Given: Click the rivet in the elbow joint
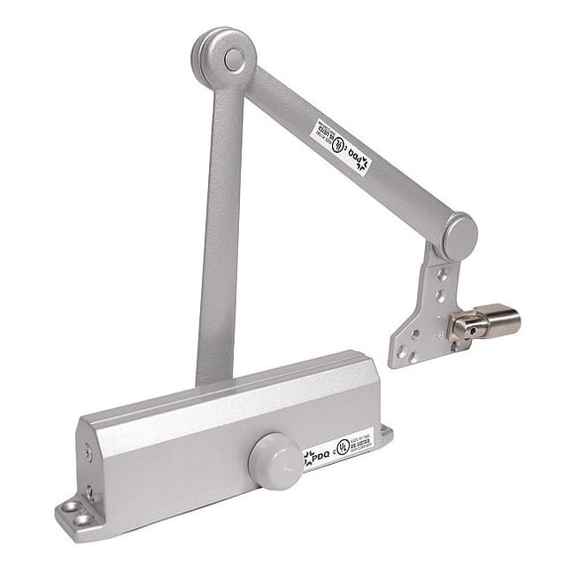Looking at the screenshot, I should [x=234, y=59].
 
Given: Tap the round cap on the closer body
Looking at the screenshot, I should [x=276, y=460].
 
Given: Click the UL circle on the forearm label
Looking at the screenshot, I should [x=340, y=145].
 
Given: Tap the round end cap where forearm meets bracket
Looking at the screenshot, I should [x=459, y=237].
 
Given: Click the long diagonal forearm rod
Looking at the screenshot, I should [x=347, y=149].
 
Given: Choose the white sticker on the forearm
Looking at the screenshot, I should [x=343, y=148].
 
